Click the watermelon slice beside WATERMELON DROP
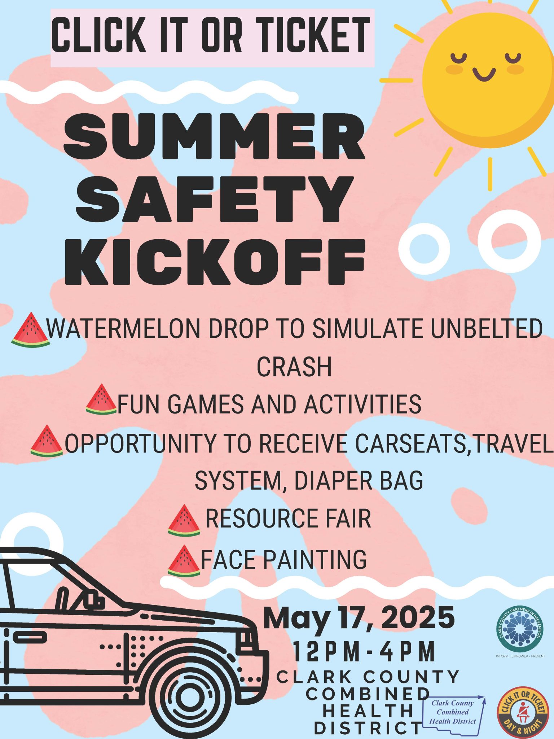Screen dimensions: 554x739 (x=30, y=330)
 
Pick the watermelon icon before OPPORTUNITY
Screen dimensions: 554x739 (x=47, y=441)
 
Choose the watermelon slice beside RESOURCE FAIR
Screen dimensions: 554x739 (x=184, y=520)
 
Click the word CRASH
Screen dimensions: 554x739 (x=294, y=367)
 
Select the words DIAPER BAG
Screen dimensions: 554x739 (x=359, y=481)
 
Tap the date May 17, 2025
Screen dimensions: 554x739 (x=359, y=618)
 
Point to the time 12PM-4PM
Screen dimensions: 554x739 (x=364, y=651)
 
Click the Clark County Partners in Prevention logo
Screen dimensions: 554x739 (x=519, y=628)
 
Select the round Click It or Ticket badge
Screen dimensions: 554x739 (x=522, y=712)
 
